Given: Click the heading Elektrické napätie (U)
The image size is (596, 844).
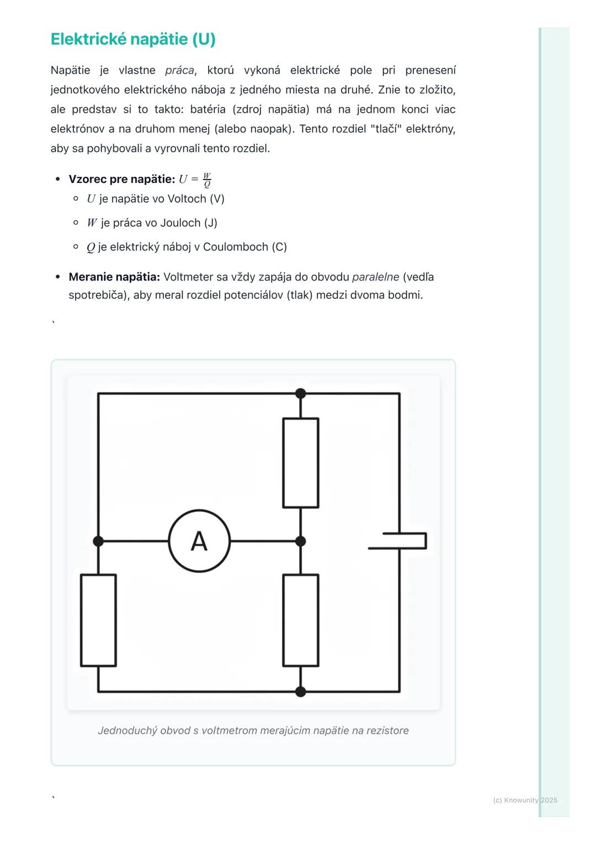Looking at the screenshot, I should coord(133,39).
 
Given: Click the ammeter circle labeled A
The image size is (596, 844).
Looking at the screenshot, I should coord(199,541).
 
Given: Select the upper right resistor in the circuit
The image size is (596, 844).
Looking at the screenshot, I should coord(301,463).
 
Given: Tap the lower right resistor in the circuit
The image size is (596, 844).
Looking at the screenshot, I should coord(301,620).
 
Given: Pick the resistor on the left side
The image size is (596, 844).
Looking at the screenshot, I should coord(98,620).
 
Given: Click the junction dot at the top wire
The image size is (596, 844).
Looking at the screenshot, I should coord(301,393).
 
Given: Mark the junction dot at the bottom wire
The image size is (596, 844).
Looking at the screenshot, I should coord(301,691).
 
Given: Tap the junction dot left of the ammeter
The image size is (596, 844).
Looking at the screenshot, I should coord(98,541).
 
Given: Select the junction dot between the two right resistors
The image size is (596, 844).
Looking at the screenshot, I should coord(301,541).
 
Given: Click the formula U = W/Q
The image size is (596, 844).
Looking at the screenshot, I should coord(195,180).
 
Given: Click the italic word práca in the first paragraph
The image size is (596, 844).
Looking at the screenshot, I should coord(179,70).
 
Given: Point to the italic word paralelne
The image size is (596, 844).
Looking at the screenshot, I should coord(375,277).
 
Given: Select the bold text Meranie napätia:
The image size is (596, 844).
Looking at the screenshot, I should coord(114,277).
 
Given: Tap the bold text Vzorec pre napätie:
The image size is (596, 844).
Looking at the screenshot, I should coord(121,179).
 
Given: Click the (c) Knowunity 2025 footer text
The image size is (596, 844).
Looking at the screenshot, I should coord(525,800).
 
